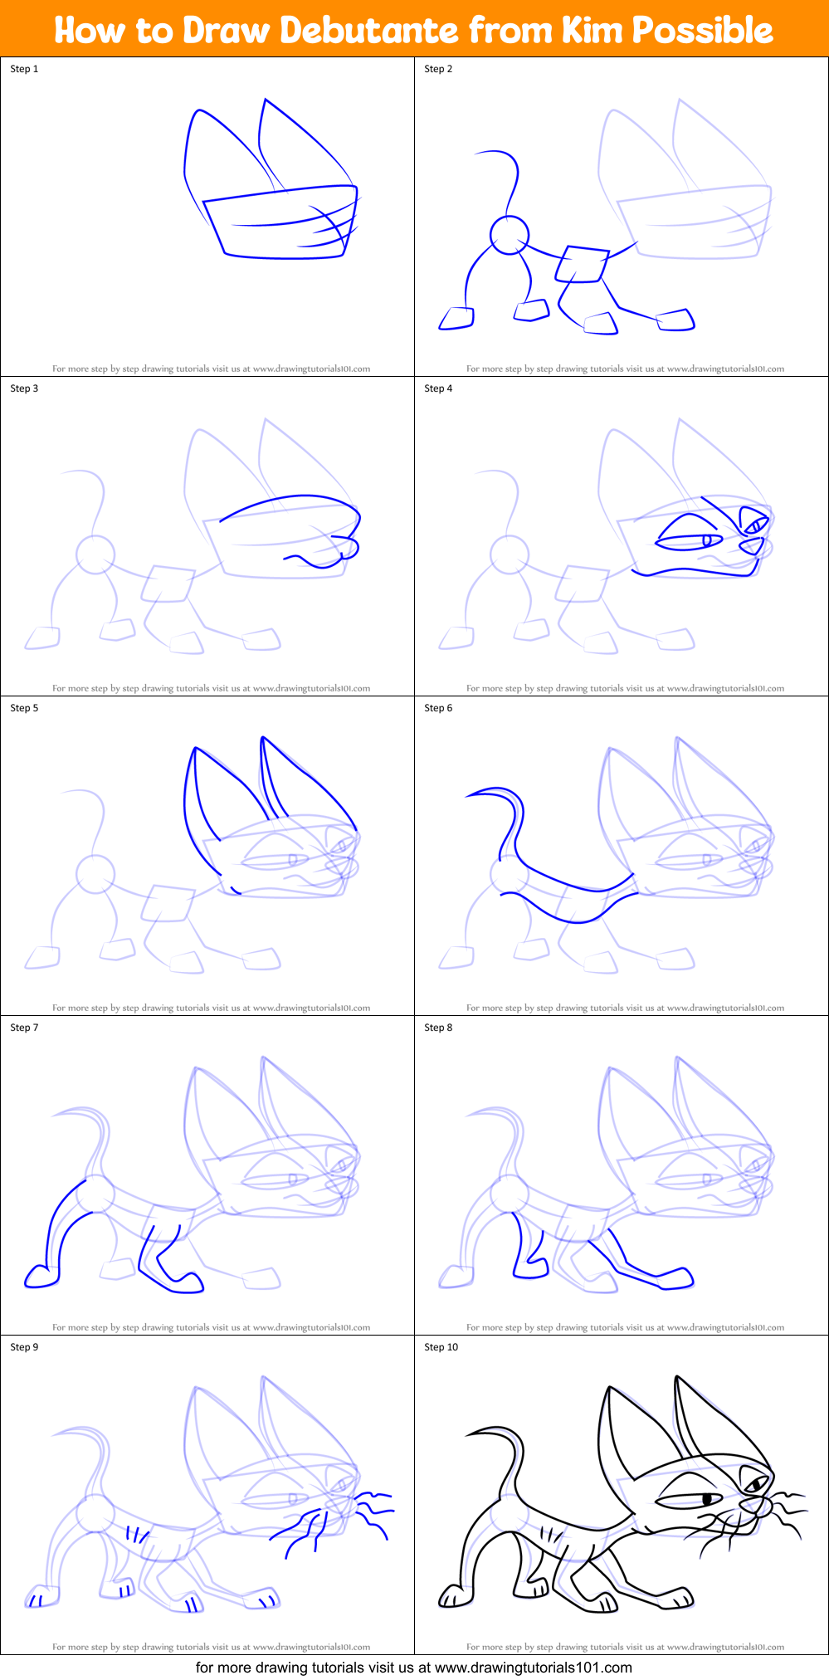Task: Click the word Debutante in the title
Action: (x=368, y=31)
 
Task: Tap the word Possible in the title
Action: (x=703, y=31)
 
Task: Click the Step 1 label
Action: (x=24, y=69)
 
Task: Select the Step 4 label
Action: (x=438, y=388)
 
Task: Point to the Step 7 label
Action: (x=24, y=1028)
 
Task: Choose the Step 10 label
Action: (x=441, y=1347)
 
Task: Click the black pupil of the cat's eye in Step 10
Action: (x=707, y=1499)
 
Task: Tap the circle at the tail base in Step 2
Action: (x=509, y=235)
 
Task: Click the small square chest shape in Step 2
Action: (x=581, y=264)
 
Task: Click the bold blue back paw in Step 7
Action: (x=40, y=1276)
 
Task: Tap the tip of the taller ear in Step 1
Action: (x=266, y=100)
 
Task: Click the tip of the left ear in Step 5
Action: (x=195, y=749)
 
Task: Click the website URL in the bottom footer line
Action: (x=533, y=1667)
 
